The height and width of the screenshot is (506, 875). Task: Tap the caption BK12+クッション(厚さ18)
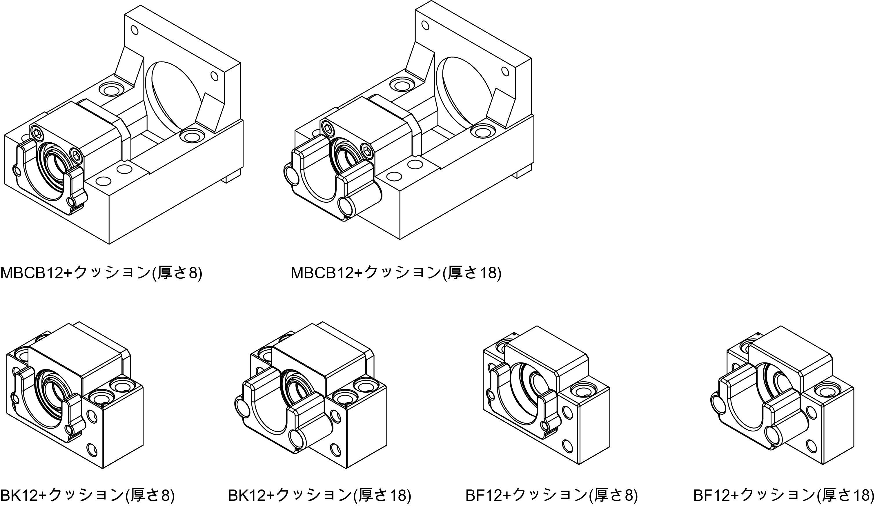click(x=319, y=496)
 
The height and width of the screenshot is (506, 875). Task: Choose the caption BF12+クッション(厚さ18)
click(x=783, y=496)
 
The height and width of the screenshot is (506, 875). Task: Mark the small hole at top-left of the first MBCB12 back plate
click(x=135, y=30)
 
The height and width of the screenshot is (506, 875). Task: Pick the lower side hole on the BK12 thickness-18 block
click(x=335, y=450)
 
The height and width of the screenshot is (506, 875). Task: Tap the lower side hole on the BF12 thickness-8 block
click(x=567, y=446)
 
